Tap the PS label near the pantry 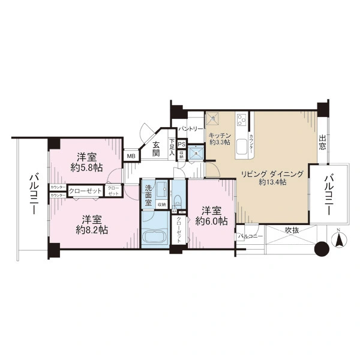pyautogui.click(x=181, y=144)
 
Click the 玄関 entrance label pyautogui.click(x=155, y=149)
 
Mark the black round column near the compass pyautogui.click(x=322, y=248)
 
